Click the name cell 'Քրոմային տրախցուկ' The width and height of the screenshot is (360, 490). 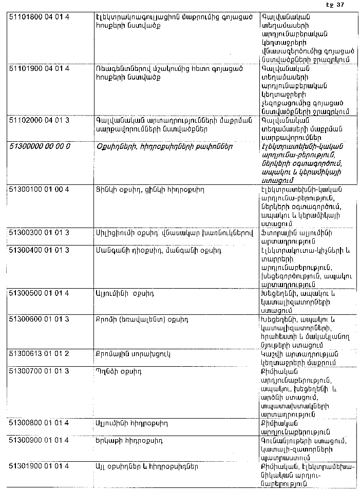pyautogui.click(x=132, y=354)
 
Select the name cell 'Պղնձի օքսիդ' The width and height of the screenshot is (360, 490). pyautogui.click(x=119, y=371)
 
